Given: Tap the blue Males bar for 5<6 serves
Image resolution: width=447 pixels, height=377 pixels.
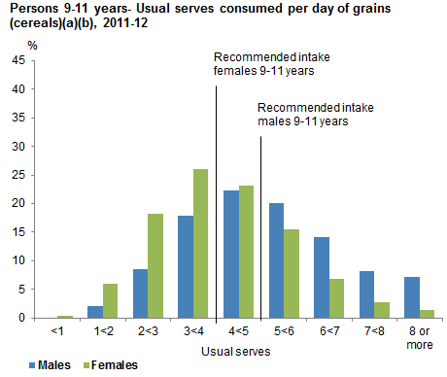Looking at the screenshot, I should (x=277, y=260).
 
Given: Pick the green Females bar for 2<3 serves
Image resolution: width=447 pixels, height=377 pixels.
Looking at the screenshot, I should (x=155, y=265).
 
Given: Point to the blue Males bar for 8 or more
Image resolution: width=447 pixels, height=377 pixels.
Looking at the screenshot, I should (x=413, y=297).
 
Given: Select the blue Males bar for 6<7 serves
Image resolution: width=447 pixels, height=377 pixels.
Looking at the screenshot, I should (x=323, y=277).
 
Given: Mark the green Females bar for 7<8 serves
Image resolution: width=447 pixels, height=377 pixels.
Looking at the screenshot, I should (x=382, y=310).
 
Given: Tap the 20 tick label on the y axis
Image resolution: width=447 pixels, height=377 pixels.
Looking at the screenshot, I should (x=18, y=203).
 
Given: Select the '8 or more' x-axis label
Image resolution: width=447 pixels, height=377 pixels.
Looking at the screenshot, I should (x=420, y=337).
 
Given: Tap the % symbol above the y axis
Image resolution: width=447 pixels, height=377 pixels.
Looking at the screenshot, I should (x=33, y=46).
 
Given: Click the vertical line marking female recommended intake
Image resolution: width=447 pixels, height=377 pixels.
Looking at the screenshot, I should (x=215, y=194).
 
